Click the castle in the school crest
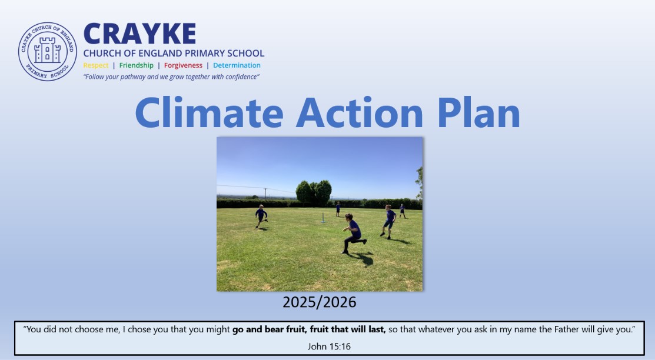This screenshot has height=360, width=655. click(47, 51)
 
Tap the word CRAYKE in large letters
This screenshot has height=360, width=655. click(139, 34)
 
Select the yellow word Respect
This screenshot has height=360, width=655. click(96, 65)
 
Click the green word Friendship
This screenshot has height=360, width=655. click(136, 65)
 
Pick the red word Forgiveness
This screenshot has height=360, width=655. click(183, 65)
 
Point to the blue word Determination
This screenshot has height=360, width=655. click(237, 65)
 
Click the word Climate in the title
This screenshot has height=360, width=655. click(210, 113)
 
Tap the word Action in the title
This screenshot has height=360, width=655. click(360, 113)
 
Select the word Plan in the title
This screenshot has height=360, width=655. click(478, 113)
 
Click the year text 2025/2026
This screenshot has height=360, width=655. click(319, 302)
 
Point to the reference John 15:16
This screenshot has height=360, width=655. click(329, 346)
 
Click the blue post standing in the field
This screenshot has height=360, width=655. click(323, 218)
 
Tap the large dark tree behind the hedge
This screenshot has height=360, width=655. click(314, 193)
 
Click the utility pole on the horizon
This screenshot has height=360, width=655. click(265, 194)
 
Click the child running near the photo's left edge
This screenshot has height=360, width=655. click(261, 216)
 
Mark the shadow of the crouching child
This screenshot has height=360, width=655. click(363, 259)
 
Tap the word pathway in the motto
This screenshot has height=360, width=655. click(132, 77)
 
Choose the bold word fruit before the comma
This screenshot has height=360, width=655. click(296, 329)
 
